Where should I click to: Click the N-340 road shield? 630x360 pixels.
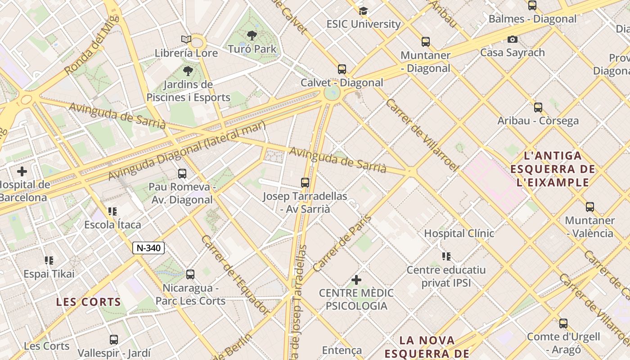pyautogui.click(x=148, y=248)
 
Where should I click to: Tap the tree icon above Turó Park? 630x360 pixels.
pyautogui.click(x=252, y=35)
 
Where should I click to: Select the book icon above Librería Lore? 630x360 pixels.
pyautogui.click(x=186, y=40)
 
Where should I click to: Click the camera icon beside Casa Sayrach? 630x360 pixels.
pyautogui.click(x=512, y=40)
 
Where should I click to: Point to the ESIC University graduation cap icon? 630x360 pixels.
pyautogui.click(x=363, y=11)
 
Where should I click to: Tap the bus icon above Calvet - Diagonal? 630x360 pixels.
pyautogui.click(x=342, y=69)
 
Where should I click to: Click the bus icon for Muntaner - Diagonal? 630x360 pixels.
pyautogui.click(x=425, y=42)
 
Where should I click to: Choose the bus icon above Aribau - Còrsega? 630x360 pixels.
pyautogui.click(x=538, y=108)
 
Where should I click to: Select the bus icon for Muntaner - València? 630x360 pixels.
pyautogui.click(x=589, y=207)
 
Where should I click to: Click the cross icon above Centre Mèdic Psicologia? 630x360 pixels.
pyautogui.click(x=356, y=280)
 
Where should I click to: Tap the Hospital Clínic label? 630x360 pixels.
pyautogui.click(x=459, y=233)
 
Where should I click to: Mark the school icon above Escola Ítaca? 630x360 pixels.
pyautogui.click(x=112, y=211)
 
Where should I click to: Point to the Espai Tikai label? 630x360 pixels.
pyautogui.click(x=49, y=274)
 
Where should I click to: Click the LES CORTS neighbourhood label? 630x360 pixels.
pyautogui.click(x=89, y=302)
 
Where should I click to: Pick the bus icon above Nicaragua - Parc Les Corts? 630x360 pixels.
pyautogui.click(x=190, y=274)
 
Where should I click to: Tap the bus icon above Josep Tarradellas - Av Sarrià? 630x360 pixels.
pyautogui.click(x=305, y=183)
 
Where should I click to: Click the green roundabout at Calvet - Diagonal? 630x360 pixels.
pyautogui.click(x=332, y=94)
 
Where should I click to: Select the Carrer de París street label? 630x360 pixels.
pyautogui.click(x=342, y=243)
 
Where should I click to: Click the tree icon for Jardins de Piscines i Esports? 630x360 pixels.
pyautogui.click(x=188, y=71)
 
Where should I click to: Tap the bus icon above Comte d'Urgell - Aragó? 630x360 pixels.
pyautogui.click(x=563, y=324)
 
